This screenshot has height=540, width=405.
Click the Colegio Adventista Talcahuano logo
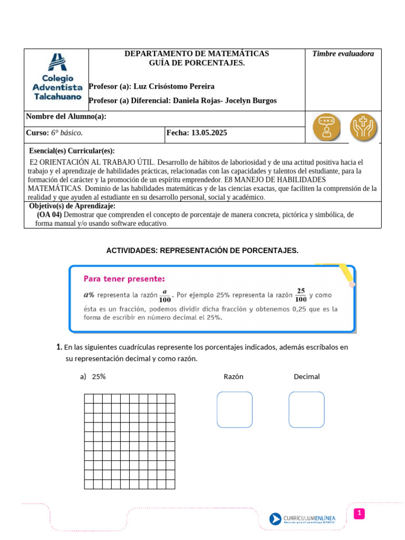(57, 77)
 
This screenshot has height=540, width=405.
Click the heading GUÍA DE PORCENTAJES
(197, 63)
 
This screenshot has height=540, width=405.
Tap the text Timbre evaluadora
(343, 54)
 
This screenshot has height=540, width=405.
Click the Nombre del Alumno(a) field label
(66, 117)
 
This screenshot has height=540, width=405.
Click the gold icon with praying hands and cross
(364, 127)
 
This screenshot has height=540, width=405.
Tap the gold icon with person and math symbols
(326, 127)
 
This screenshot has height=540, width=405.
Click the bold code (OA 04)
(50, 215)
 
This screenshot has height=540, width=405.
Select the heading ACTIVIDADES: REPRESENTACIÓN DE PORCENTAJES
(202, 250)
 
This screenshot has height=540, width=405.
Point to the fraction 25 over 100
(301, 295)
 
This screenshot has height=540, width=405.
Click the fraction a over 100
(165, 295)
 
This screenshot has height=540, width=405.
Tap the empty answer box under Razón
(235, 409)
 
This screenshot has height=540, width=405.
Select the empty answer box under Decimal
(306, 409)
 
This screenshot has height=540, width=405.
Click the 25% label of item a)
(99, 377)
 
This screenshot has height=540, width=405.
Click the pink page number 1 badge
(359, 513)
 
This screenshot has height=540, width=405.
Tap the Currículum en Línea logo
(309, 519)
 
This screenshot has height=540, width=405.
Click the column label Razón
(233, 377)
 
